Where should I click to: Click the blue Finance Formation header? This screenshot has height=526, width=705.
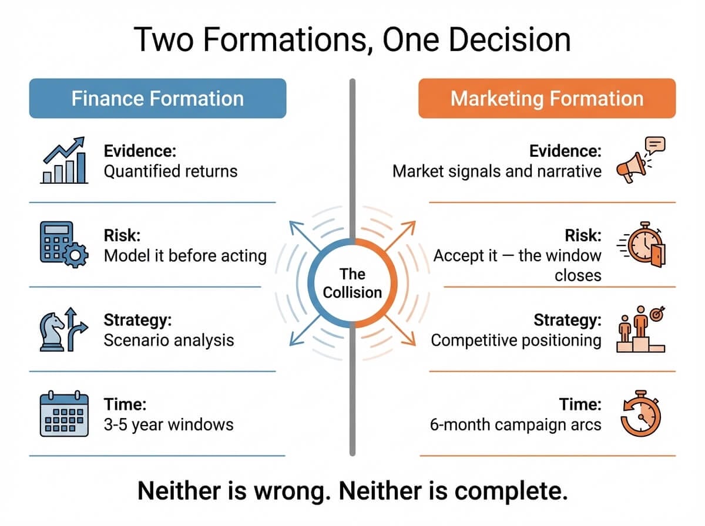pos(157,98)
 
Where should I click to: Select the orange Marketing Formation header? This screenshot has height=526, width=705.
pos(546,98)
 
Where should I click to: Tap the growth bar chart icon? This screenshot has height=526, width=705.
pos(64,161)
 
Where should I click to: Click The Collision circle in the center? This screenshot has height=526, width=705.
pos(352,282)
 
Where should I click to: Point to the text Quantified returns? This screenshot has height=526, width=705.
pos(170,171)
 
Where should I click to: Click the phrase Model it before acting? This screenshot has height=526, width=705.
pos(184,256)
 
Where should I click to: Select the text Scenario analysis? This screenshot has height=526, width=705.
pos(169,340)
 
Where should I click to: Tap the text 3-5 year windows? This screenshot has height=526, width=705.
pos(168,424)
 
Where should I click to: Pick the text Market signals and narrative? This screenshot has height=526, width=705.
pos(496,171)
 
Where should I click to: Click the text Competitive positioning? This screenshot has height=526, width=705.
pos(516,340)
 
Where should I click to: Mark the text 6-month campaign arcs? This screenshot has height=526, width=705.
pos(515,424)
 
